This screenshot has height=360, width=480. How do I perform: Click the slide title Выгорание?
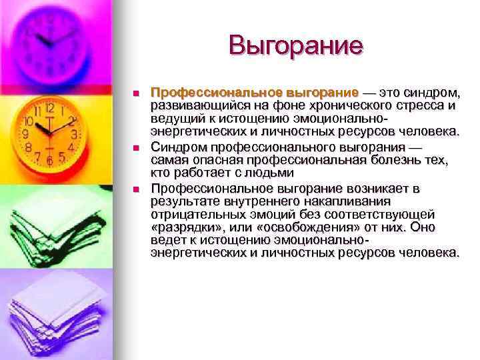point(295,45)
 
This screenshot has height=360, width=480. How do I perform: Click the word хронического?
point(339,105)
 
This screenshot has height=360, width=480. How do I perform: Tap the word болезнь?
point(372,161)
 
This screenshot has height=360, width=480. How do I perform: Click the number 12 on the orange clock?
point(50,108)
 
